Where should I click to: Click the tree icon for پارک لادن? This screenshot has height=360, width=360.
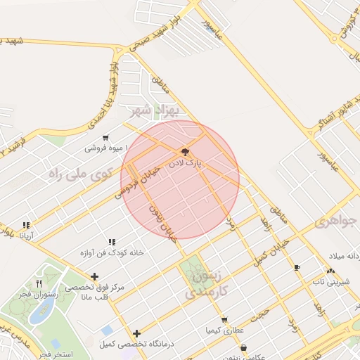185,151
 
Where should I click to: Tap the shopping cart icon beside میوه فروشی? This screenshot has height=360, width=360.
105,137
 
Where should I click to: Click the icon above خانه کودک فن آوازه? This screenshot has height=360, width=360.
112,242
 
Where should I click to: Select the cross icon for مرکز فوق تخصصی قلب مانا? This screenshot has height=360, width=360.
94,276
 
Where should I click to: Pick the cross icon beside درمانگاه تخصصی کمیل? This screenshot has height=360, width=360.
136,333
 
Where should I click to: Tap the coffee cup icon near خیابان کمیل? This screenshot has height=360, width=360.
297,267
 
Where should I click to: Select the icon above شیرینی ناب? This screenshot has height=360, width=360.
330,271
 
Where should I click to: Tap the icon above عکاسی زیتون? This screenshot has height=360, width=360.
243,347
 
